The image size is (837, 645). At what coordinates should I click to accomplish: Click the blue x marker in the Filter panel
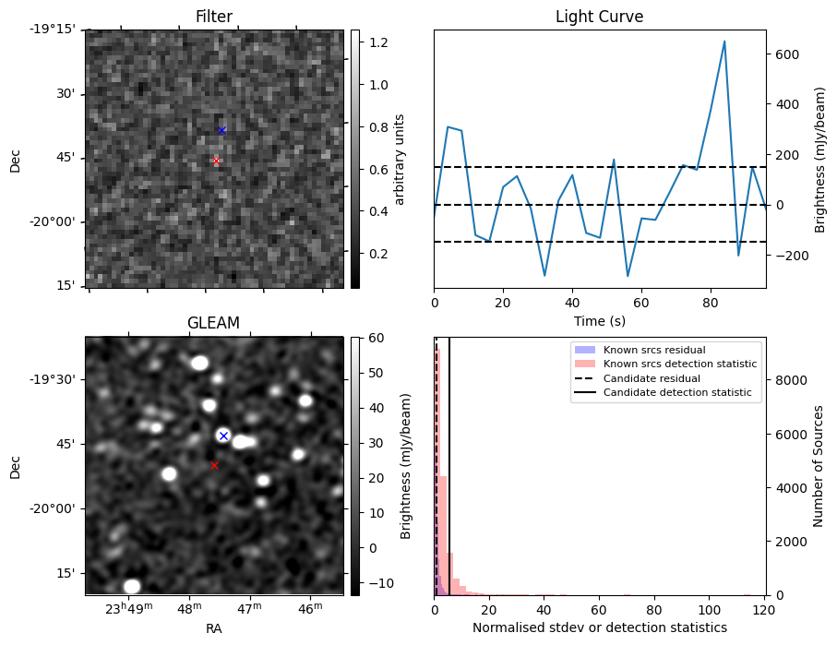(221, 130)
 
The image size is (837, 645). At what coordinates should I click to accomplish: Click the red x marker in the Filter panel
(217, 161)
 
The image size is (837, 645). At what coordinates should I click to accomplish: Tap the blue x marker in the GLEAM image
(223, 436)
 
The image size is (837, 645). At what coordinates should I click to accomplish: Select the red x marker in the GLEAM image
(215, 466)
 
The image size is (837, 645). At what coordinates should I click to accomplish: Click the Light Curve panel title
(599, 17)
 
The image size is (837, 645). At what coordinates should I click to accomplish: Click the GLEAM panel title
(213, 323)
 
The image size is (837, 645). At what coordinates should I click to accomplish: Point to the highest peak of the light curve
(724, 42)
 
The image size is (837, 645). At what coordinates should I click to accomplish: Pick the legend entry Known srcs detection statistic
(680, 364)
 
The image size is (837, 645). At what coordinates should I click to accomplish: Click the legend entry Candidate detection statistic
(676, 393)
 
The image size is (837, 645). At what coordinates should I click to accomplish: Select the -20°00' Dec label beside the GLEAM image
(54, 508)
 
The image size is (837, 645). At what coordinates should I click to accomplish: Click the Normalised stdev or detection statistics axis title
(599, 627)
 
